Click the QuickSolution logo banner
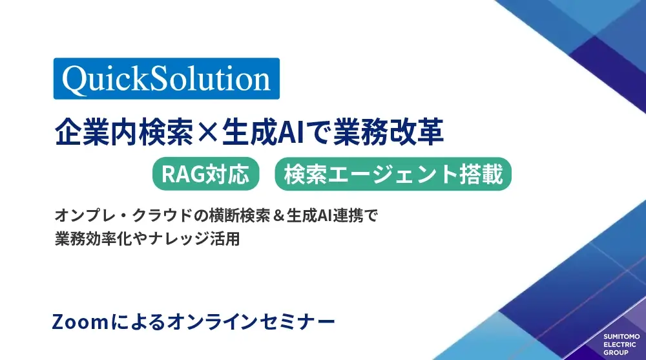[x=167, y=78]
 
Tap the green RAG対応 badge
[x=205, y=174]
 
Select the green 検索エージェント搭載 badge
[x=393, y=174]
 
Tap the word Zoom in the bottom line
[x=80, y=322]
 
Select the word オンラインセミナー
[x=251, y=322]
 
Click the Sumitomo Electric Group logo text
[x=621, y=344]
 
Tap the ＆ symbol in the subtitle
[x=278, y=216]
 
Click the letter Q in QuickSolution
[x=74, y=79]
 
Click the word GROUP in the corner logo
[x=616, y=353]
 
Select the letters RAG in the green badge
[x=183, y=174]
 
